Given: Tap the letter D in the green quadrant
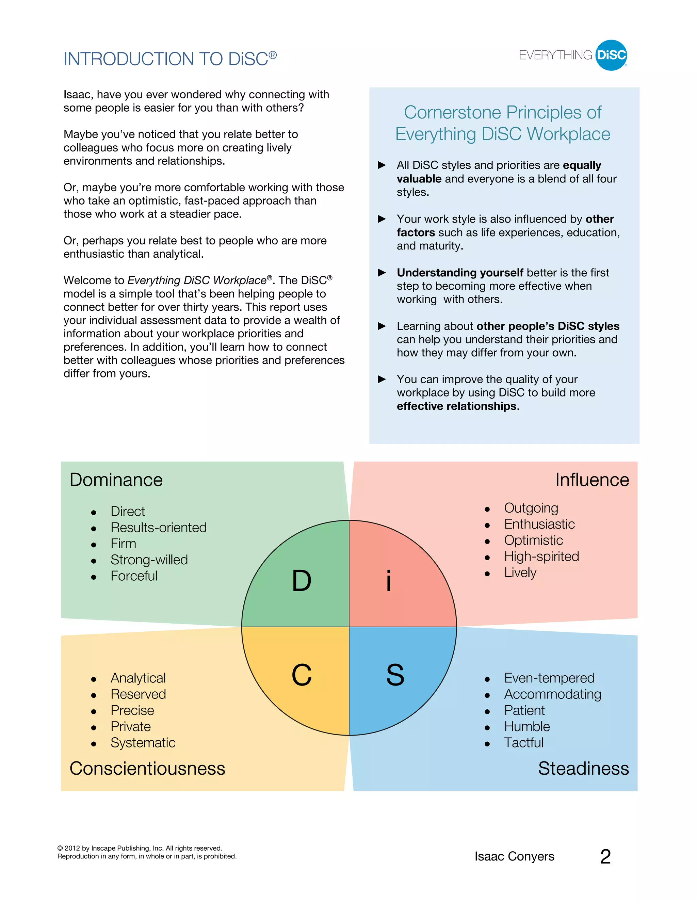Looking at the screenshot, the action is click(302, 581).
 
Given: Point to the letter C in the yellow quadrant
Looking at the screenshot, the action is click(302, 675).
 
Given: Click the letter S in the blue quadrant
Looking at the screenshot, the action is click(395, 675).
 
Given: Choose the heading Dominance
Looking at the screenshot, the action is click(116, 480).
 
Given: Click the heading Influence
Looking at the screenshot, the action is click(592, 480).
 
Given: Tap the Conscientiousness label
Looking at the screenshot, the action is click(147, 769).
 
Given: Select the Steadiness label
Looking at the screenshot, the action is click(583, 769).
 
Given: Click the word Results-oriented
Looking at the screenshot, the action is click(159, 527).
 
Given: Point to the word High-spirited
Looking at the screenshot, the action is click(541, 556).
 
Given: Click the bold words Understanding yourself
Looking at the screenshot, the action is click(460, 273).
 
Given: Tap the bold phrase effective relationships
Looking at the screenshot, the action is click(456, 406).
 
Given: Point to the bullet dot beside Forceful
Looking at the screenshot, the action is click(94, 577).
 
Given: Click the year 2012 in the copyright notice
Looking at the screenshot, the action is click(72, 848).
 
